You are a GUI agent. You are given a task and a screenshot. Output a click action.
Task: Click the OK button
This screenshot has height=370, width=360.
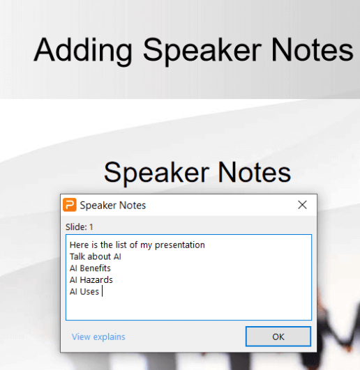tap(278, 337)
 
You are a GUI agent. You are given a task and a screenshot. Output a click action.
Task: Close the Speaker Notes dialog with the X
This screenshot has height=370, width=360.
tap(302, 205)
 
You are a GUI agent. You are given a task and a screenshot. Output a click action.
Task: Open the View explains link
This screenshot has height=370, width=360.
tap(98, 337)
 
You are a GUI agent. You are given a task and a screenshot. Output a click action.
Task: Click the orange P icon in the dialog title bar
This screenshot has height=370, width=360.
tap(70, 205)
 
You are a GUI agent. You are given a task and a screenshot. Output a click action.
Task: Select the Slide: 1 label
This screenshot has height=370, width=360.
tap(78, 226)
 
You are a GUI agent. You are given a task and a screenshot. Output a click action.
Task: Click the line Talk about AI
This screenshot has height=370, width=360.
tap(96, 256)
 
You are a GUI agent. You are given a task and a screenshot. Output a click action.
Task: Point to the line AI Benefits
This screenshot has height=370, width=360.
tap(90, 268)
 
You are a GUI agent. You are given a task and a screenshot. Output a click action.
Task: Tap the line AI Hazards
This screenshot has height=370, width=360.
tap(91, 280)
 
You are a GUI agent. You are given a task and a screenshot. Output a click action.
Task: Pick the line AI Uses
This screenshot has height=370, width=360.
tap(84, 292)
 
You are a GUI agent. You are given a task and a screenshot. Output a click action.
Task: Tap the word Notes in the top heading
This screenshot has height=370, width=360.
tap(311, 50)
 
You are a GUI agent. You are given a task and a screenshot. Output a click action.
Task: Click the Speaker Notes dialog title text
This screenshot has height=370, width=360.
tap(113, 205)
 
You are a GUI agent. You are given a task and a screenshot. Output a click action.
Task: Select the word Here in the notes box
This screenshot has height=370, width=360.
tap(78, 245)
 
